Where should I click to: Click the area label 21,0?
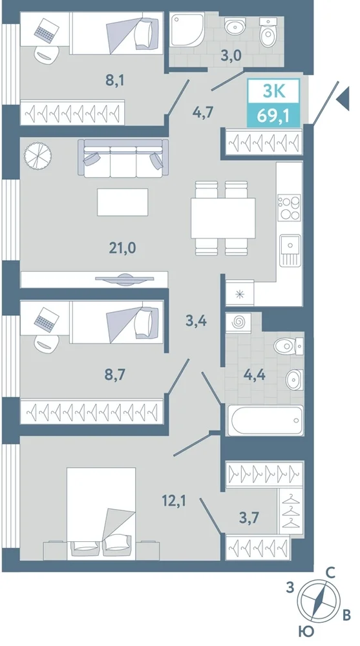(122, 248)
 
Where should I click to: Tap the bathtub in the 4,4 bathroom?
(265, 421)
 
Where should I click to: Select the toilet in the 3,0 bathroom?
(270, 32)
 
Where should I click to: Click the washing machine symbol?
(238, 321)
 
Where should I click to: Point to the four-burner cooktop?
(290, 207)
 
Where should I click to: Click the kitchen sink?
(290, 249)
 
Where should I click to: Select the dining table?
(223, 218)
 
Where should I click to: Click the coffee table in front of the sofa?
(122, 202)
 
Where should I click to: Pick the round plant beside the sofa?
(38, 156)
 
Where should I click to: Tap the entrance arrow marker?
(343, 99)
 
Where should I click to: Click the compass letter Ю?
(305, 631)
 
